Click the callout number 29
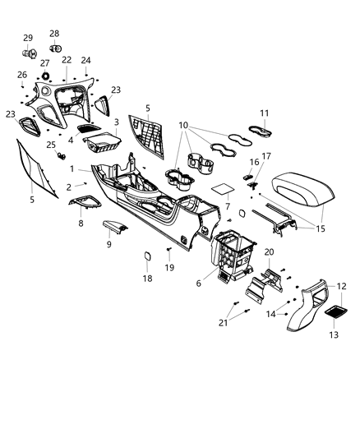point(27,38)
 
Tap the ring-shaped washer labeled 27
point(45,76)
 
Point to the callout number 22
point(66,60)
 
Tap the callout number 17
point(265,155)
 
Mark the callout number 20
point(270,251)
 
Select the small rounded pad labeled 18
point(147,256)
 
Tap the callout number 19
point(169,268)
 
